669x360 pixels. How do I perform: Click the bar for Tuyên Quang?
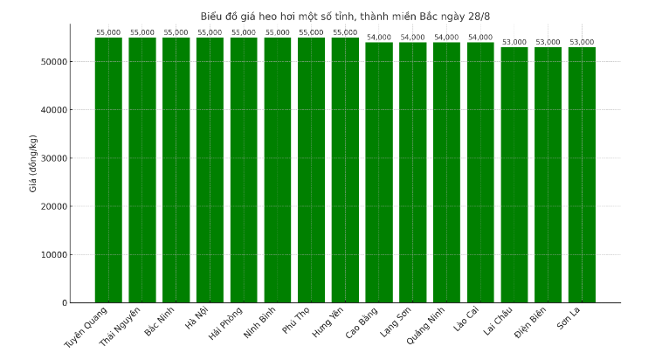pos(108,170)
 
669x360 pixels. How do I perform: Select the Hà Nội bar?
pos(210,170)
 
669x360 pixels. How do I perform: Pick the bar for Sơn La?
pos(582,175)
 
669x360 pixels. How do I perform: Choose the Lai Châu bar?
pos(514,175)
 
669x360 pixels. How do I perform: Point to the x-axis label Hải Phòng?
pos(226,324)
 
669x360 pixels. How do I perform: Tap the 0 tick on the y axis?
pos(64,303)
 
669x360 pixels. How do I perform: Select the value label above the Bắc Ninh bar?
pos(176,33)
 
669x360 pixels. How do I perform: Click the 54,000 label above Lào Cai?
pos(480,38)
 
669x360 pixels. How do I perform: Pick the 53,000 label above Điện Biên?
pos(548,42)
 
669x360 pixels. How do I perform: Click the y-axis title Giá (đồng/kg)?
pos(33,163)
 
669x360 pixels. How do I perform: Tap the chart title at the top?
pos(345,16)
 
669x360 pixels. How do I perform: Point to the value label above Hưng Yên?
pos(345,33)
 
